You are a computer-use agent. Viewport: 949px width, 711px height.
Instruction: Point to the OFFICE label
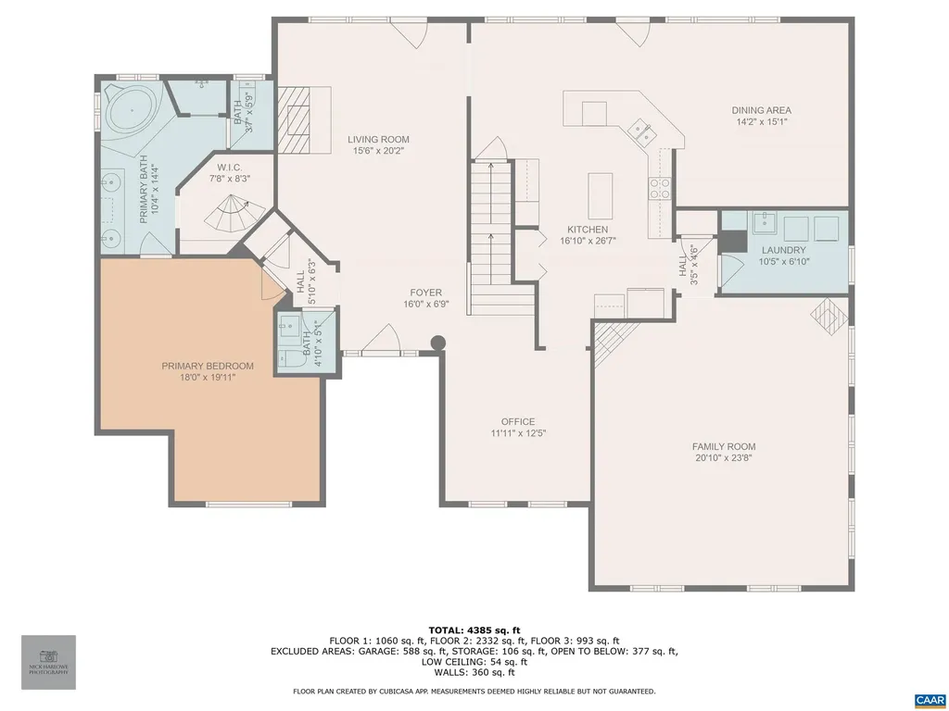(x=518, y=422)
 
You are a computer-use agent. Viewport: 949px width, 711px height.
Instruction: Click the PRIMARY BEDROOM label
(x=208, y=366)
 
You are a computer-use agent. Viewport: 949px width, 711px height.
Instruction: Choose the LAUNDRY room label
(x=783, y=250)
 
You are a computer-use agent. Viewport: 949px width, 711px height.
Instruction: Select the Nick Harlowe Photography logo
(x=48, y=661)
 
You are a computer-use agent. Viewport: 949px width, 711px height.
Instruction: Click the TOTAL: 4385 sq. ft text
(x=474, y=630)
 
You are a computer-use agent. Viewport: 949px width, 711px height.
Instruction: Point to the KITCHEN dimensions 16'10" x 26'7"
(x=588, y=241)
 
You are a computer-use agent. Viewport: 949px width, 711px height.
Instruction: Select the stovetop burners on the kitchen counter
(x=659, y=188)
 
